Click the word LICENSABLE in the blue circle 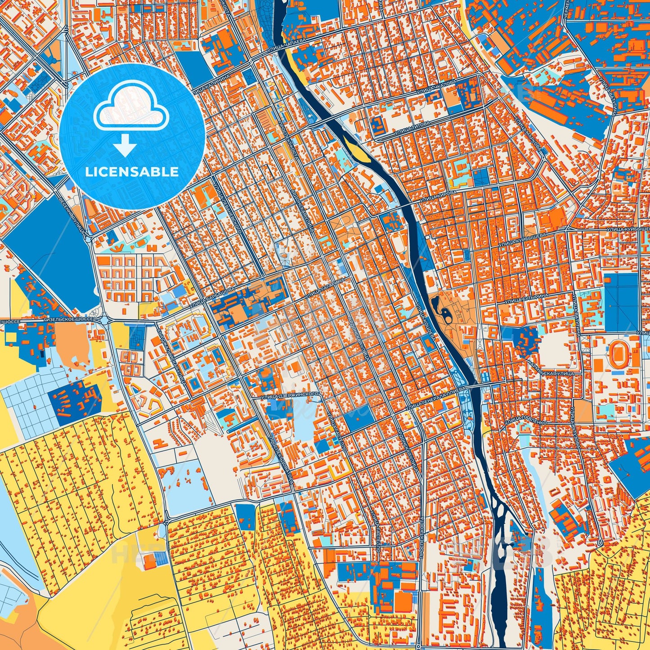click(x=132, y=172)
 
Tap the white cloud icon click(x=131, y=110)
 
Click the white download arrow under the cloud click(x=125, y=146)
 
